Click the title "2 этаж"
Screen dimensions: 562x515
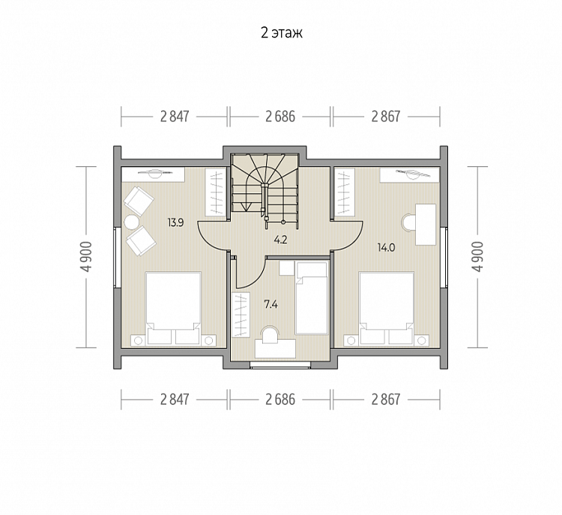tap(281, 33)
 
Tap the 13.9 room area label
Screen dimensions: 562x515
tap(175, 223)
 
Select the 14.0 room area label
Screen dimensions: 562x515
tap(386, 248)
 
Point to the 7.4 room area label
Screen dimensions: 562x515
tap(271, 305)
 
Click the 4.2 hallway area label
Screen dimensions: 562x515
tap(281, 240)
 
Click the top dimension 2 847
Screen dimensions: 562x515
tap(175, 117)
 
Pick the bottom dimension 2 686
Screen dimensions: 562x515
tap(280, 399)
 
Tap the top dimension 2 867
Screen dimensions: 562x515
tap(386, 117)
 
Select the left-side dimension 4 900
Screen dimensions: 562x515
tap(87, 257)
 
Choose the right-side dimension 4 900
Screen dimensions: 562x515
tap(478, 257)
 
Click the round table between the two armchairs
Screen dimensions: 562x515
tap(131, 222)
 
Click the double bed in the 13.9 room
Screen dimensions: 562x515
tap(174, 308)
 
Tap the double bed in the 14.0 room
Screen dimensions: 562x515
tap(387, 308)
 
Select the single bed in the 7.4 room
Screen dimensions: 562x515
tap(312, 298)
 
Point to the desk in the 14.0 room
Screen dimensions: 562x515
tap(426, 225)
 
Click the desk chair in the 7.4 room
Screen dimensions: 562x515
tap(271, 332)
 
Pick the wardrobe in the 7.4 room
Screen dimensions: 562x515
tap(241, 314)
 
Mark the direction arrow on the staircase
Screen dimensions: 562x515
tap(246, 207)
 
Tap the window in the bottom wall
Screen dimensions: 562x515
tap(280, 365)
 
